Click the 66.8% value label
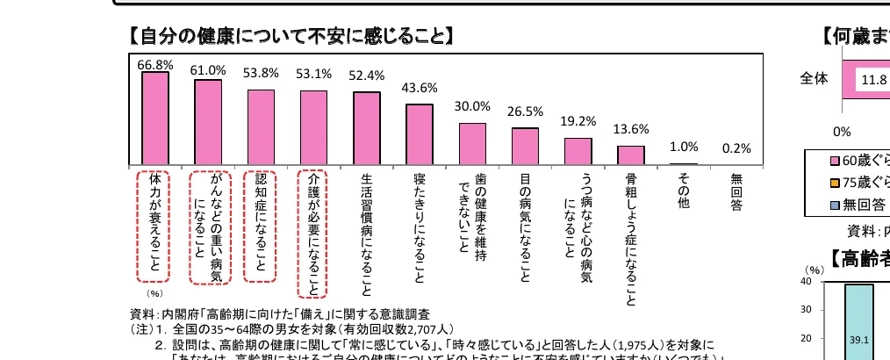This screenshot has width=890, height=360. click(x=155, y=64)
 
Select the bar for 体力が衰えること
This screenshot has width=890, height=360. click(x=155, y=119)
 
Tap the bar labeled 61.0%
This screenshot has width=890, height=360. click(x=208, y=122)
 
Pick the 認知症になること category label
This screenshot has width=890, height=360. click(x=260, y=226)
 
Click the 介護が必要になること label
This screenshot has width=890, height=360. click(x=313, y=234)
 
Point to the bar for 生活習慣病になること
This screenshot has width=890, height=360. click(x=367, y=128)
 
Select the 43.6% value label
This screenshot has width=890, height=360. click(x=419, y=88)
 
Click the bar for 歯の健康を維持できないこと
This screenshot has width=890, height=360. click(x=472, y=144)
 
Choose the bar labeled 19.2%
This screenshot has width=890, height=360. click(x=578, y=151)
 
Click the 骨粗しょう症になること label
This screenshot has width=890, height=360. click(x=631, y=239)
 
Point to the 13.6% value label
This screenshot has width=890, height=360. click(x=630, y=129)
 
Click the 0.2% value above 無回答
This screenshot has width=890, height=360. click(x=736, y=148)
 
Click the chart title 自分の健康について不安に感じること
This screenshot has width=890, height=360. click(x=291, y=36)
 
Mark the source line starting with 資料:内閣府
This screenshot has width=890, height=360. click(x=279, y=313)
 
